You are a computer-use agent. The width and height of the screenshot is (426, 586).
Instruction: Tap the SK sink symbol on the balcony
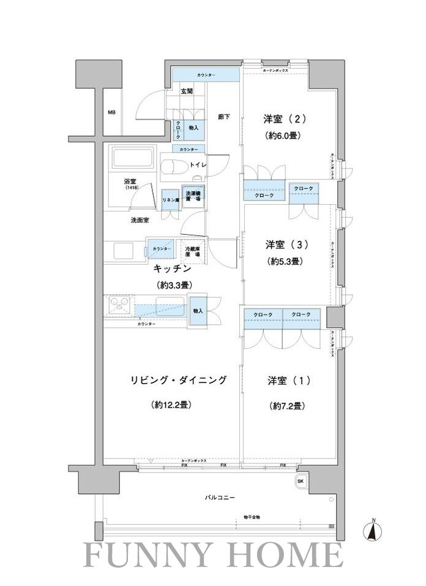pos(301,481)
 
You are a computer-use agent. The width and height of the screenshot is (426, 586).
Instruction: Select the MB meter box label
pos(111,113)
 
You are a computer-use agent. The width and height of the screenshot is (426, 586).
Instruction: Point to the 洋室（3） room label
pos(286,245)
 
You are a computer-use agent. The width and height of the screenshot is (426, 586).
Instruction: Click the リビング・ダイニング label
pos(178,380)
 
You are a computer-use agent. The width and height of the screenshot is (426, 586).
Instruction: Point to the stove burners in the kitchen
pos(119,304)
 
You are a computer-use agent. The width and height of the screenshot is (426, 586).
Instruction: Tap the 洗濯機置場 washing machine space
pos(193,197)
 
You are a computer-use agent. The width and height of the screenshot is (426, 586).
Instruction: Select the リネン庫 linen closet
pos(170,200)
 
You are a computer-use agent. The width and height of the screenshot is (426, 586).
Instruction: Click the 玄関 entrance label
pos(187,91)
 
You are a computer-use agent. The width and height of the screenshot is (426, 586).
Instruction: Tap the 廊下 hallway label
pos(223,117)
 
